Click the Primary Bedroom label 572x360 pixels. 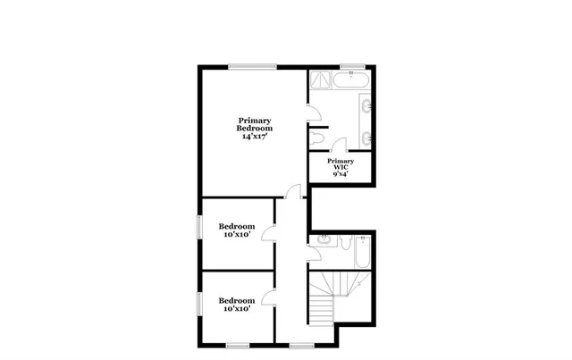coord(254,124)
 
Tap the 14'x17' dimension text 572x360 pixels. coord(254,138)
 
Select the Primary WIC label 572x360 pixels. coord(341,163)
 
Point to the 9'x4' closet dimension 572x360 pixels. coord(341,175)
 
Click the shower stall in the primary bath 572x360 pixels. coord(319,83)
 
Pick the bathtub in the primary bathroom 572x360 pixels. coord(353,81)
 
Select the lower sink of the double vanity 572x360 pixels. coord(368,137)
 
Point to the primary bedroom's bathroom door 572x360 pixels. coord(311,113)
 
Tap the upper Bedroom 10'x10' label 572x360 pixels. coord(238,230)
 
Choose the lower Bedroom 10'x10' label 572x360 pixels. coord(238,306)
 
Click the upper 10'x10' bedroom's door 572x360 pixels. coord(268,234)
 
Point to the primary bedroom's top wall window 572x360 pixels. coord(252,66)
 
